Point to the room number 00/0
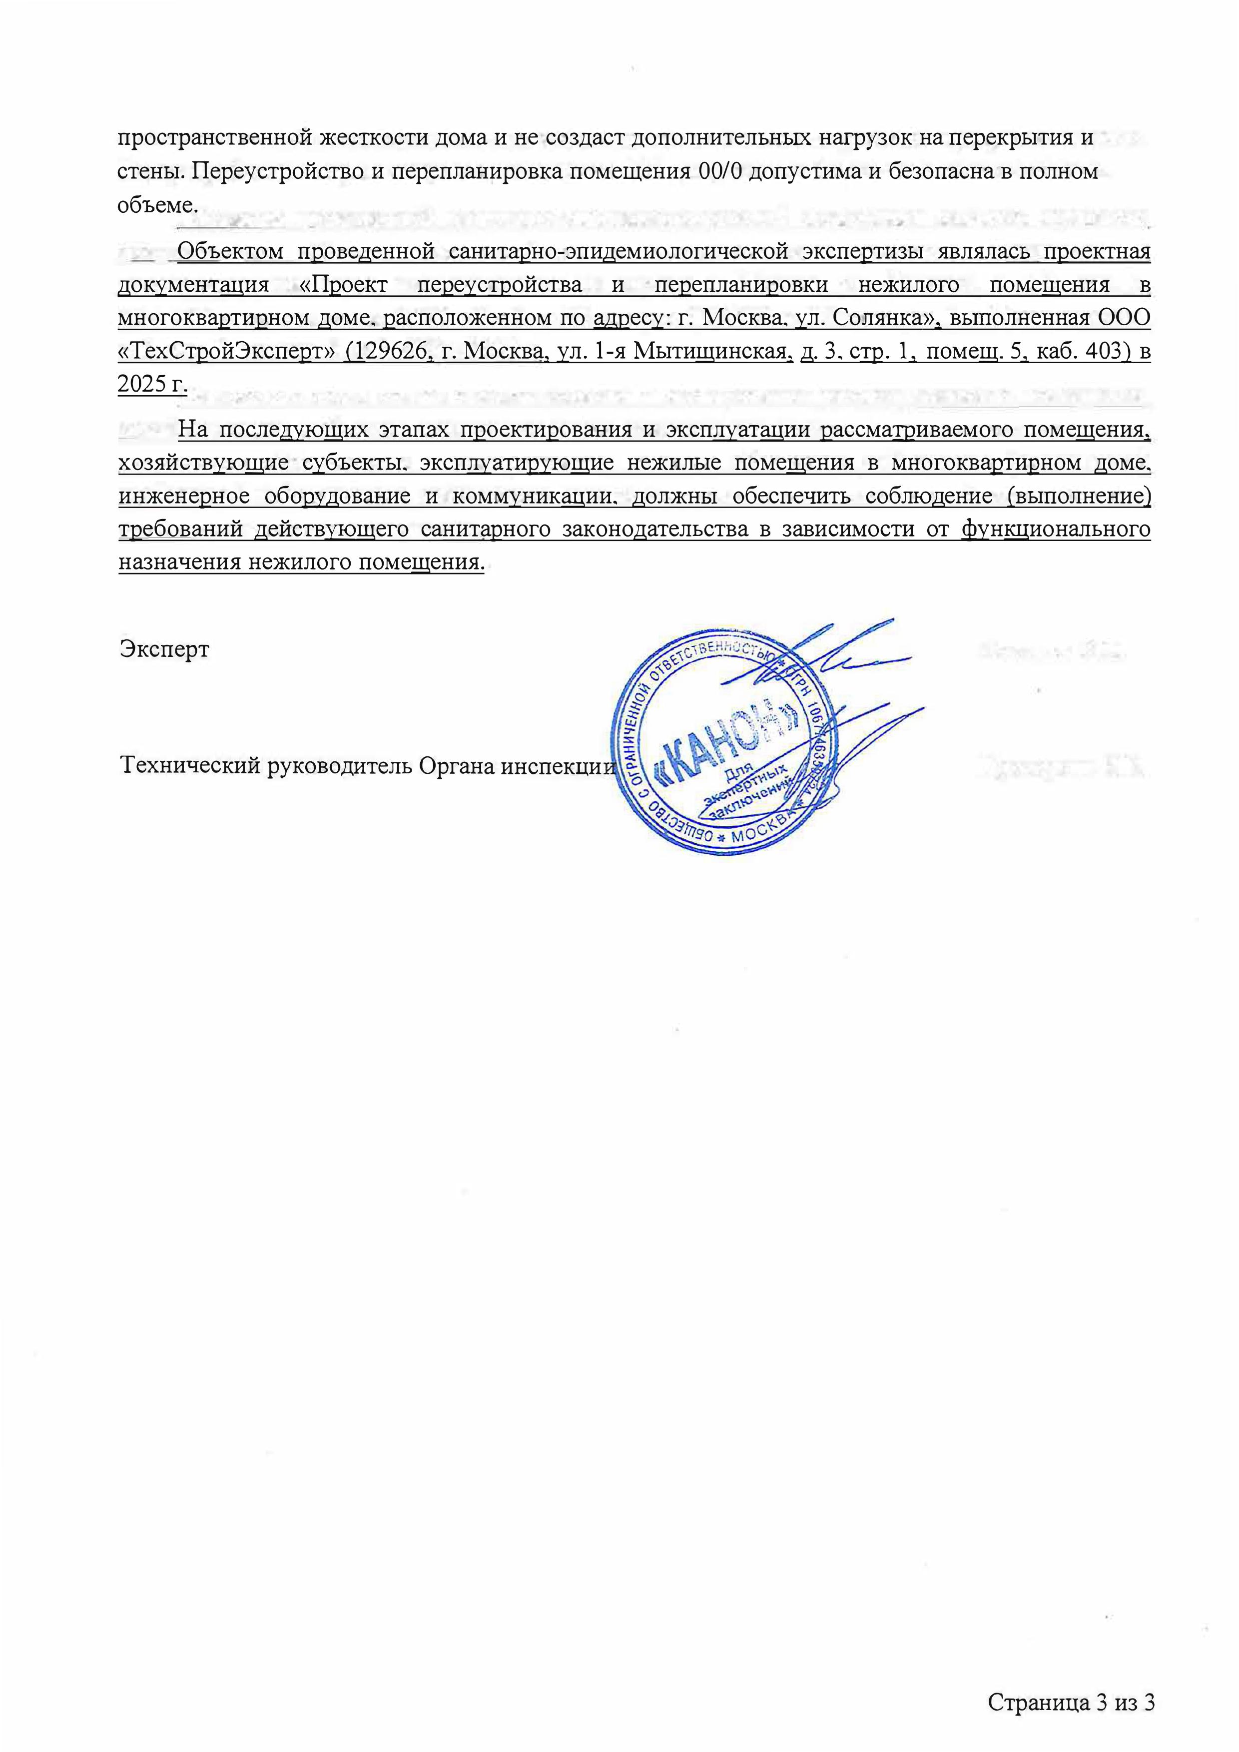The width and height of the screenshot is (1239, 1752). coord(720,170)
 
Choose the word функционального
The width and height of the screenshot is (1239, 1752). coord(1055,530)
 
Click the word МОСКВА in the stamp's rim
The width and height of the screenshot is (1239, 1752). coord(763,837)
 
